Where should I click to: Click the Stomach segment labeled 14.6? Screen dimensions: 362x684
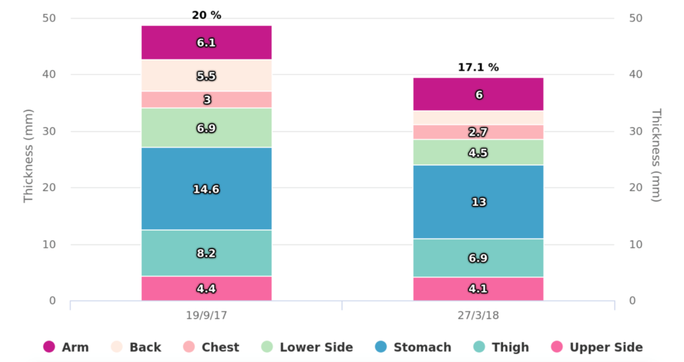206,188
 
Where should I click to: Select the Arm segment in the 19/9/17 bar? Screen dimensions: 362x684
206,43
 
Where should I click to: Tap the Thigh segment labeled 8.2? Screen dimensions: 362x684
206,253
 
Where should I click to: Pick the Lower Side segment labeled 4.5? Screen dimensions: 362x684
478,152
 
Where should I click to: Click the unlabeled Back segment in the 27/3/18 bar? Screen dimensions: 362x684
478,118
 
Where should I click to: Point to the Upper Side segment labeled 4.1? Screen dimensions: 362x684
478,289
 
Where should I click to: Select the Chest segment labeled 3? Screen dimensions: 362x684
206,100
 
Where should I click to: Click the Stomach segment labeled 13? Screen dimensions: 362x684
478,202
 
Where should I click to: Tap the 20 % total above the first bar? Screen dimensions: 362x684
206,15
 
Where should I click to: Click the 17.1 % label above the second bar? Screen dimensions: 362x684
478,67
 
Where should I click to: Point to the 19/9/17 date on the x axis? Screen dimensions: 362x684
206,315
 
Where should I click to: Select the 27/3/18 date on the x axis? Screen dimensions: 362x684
478,315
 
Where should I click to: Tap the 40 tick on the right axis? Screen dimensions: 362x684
637,74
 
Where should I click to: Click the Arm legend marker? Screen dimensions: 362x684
49,347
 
